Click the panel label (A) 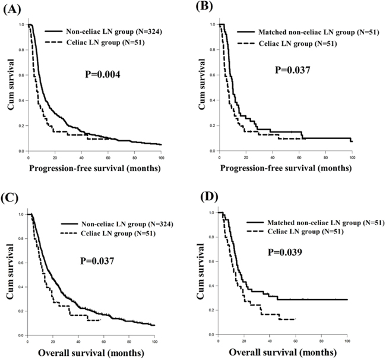click(11, 9)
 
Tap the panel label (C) click(11, 195)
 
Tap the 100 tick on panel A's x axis click(161, 156)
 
